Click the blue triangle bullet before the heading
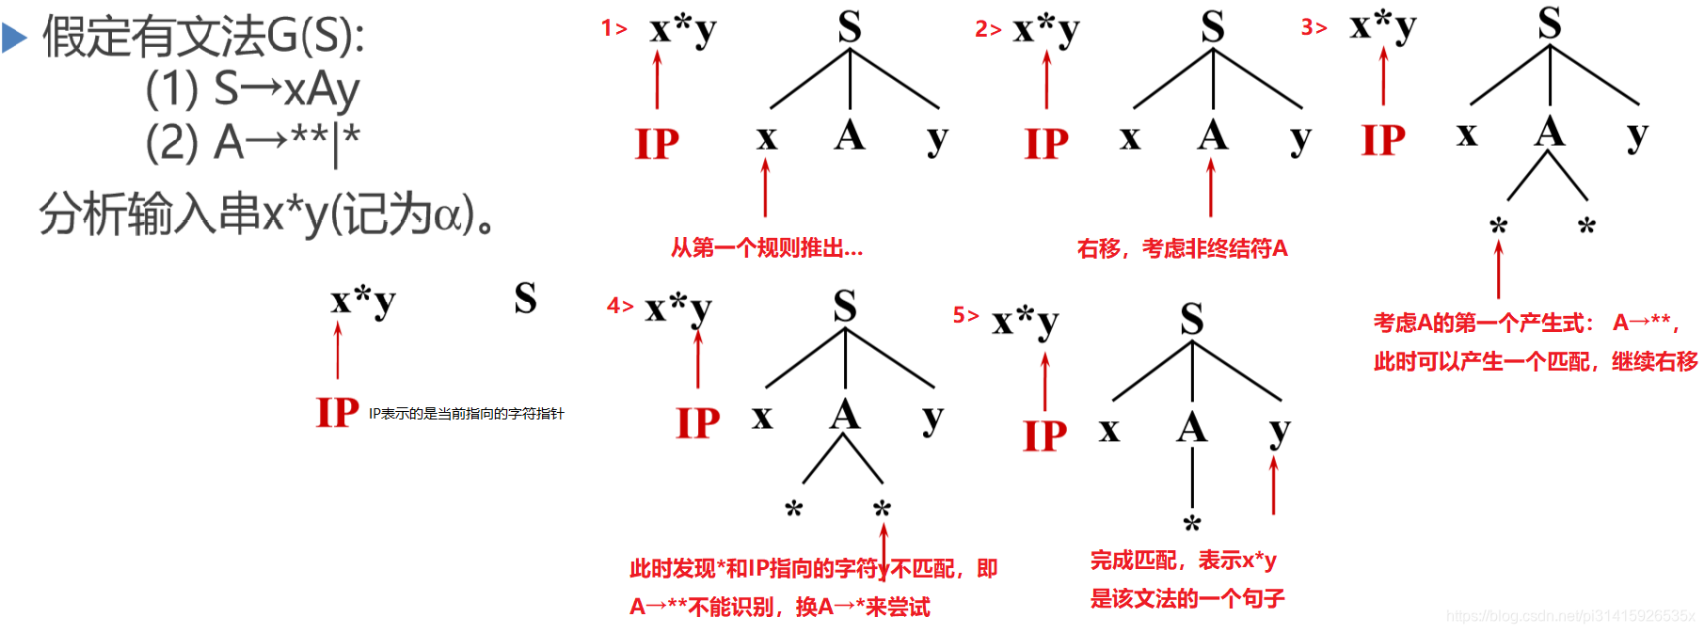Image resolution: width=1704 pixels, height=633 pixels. pyautogui.click(x=14, y=38)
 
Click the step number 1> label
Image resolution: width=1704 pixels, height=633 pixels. pyautogui.click(x=613, y=28)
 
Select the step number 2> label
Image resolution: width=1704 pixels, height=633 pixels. pyautogui.click(x=987, y=29)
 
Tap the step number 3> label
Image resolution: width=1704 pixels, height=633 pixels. pyautogui.click(x=1314, y=27)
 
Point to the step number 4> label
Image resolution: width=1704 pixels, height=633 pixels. pyautogui.click(x=620, y=306)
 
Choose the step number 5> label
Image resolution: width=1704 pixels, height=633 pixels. pyautogui.click(x=965, y=315)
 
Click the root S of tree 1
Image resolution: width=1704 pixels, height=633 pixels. pyautogui.click(x=849, y=27)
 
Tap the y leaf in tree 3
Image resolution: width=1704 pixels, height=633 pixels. pyautogui.click(x=1636, y=135)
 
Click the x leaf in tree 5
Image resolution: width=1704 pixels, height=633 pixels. pyautogui.click(x=1109, y=431)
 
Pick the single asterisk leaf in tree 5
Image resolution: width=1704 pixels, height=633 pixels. pyautogui.click(x=1192, y=523)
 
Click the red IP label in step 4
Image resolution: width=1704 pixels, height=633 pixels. pyautogui.click(x=697, y=423)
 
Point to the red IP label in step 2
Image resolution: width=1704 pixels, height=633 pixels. pyautogui.click(x=1046, y=144)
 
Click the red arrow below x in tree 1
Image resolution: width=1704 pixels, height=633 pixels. pyautogui.click(x=766, y=187)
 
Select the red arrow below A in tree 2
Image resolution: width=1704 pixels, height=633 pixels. pyautogui.click(x=1211, y=187)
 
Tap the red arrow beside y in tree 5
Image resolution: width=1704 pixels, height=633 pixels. pyautogui.click(x=1274, y=484)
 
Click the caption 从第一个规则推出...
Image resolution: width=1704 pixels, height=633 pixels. pyautogui.click(x=766, y=248)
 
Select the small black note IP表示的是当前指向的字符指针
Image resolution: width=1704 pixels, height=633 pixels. pyautogui.click(x=466, y=414)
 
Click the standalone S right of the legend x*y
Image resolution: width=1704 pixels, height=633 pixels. pyautogui.click(x=525, y=299)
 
